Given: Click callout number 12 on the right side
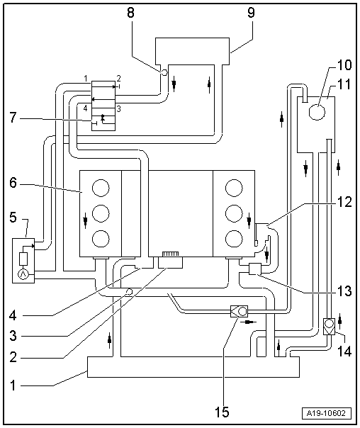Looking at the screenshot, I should (x=344, y=202).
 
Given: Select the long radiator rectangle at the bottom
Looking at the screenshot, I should (x=192, y=366).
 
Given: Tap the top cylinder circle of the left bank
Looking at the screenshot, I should (x=101, y=188).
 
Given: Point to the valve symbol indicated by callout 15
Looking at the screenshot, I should (x=238, y=310).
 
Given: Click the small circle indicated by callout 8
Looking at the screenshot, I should (x=164, y=72).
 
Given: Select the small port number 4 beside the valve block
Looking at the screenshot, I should (x=84, y=108).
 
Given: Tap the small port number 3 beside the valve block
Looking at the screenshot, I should (x=118, y=108).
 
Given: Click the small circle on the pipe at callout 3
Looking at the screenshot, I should (x=128, y=292).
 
